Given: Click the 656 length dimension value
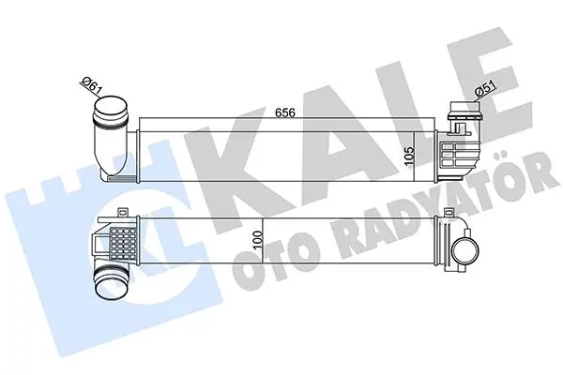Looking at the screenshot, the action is point(284,112).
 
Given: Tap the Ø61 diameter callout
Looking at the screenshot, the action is point(90,85).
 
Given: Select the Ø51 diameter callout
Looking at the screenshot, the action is point(485,88).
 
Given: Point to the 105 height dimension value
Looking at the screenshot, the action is point(409,157).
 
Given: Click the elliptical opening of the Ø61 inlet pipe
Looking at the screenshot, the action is point(112,107).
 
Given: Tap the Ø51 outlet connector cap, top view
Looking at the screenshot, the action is point(465,110).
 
